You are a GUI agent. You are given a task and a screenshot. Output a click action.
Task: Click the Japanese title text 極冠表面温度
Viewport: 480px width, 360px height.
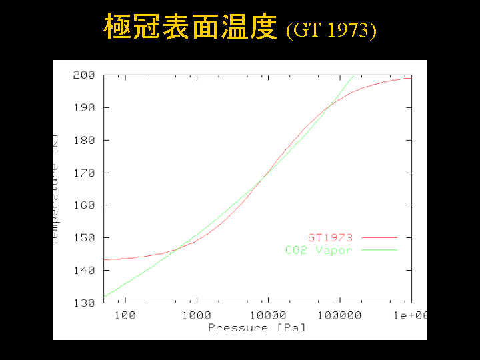point(189,28)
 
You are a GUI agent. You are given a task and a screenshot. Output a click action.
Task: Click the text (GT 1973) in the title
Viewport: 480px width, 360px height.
point(331,31)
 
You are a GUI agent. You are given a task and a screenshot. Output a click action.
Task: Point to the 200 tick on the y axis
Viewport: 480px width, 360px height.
point(83,75)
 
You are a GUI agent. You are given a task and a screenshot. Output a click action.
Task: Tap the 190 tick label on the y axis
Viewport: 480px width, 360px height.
point(83,107)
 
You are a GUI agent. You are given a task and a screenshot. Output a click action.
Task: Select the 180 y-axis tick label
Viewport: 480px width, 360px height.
point(83,140)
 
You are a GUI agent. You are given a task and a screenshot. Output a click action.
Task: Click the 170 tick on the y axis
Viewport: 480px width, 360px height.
point(83,173)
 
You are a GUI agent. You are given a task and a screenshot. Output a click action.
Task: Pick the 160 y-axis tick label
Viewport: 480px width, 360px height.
point(83,205)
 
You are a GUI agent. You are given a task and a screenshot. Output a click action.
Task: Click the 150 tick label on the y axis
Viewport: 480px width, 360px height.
point(83,238)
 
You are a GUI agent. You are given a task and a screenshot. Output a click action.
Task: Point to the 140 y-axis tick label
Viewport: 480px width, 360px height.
point(83,271)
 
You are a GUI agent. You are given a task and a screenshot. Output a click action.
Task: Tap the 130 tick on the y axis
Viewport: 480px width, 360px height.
point(83,303)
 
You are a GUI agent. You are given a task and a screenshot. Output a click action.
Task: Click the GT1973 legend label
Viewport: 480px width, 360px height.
point(330,237)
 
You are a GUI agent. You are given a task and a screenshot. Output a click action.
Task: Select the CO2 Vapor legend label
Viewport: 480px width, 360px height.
point(319,250)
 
